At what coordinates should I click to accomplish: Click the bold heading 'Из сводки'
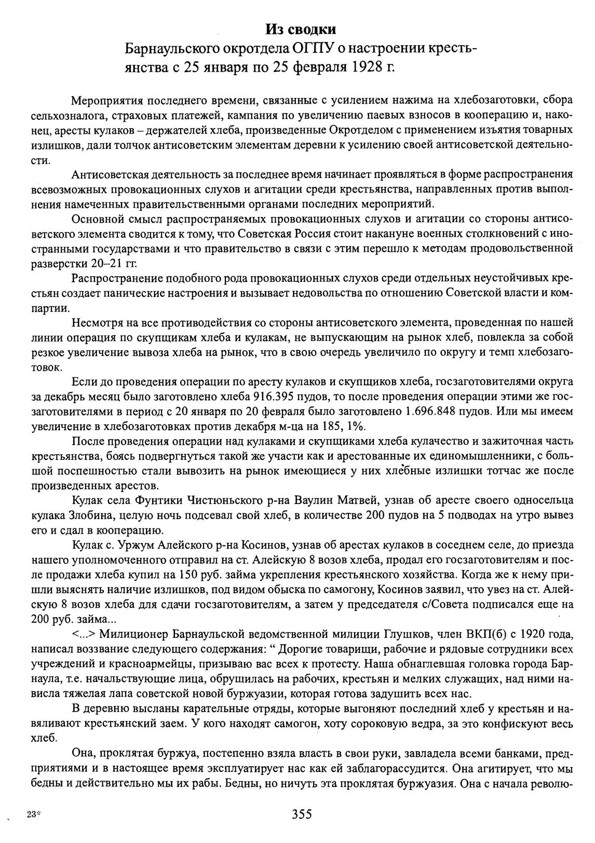tap(297, 29)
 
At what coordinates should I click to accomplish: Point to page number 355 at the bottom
tap(301, 814)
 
